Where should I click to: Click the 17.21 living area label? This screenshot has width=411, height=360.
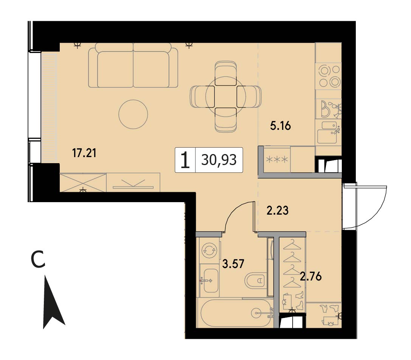[84, 153]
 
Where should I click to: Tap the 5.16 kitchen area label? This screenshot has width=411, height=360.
[281, 126]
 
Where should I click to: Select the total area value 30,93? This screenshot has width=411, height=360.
[219, 160]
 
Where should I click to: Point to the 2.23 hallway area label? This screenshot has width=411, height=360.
[278, 210]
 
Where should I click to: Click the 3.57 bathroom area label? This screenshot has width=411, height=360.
[233, 263]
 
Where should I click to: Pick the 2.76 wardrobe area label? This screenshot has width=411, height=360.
[310, 277]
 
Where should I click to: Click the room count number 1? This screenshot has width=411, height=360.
[185, 161]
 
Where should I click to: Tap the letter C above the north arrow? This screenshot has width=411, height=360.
[38, 260]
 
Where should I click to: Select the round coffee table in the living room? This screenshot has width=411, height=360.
[133, 114]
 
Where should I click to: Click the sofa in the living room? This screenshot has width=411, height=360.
[133, 65]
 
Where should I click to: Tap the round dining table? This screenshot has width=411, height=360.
[226, 97]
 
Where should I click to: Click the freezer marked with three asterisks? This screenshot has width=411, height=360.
[277, 159]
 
